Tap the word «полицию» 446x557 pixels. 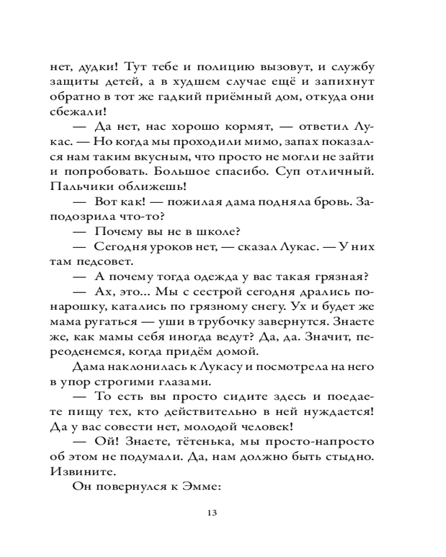219,67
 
